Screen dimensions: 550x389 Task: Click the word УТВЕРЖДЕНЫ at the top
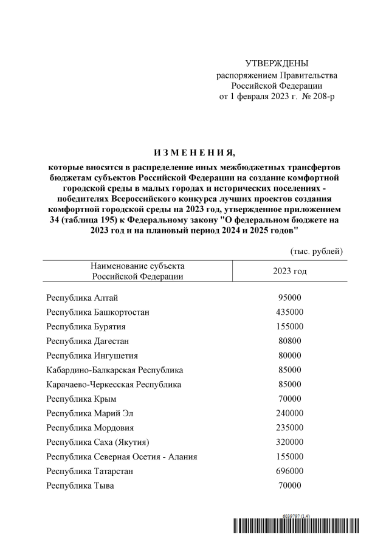[x=277, y=64]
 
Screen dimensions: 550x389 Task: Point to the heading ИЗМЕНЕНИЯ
[x=194, y=152]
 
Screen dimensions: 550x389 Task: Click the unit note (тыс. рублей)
[x=315, y=251]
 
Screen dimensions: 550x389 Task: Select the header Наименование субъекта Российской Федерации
[x=137, y=271]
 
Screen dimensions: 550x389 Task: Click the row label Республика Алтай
[x=82, y=298]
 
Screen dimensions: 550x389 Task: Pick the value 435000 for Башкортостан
[x=290, y=312]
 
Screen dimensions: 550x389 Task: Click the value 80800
[x=290, y=341]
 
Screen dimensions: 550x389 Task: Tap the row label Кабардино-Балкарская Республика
[x=115, y=370]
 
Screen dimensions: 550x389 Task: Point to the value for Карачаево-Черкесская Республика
[x=290, y=384]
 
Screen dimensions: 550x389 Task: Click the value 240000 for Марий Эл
[x=290, y=413]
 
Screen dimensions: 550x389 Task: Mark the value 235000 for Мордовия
[x=290, y=427]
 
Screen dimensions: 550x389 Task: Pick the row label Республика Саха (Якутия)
[x=98, y=442]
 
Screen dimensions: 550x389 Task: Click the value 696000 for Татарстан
[x=290, y=471]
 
